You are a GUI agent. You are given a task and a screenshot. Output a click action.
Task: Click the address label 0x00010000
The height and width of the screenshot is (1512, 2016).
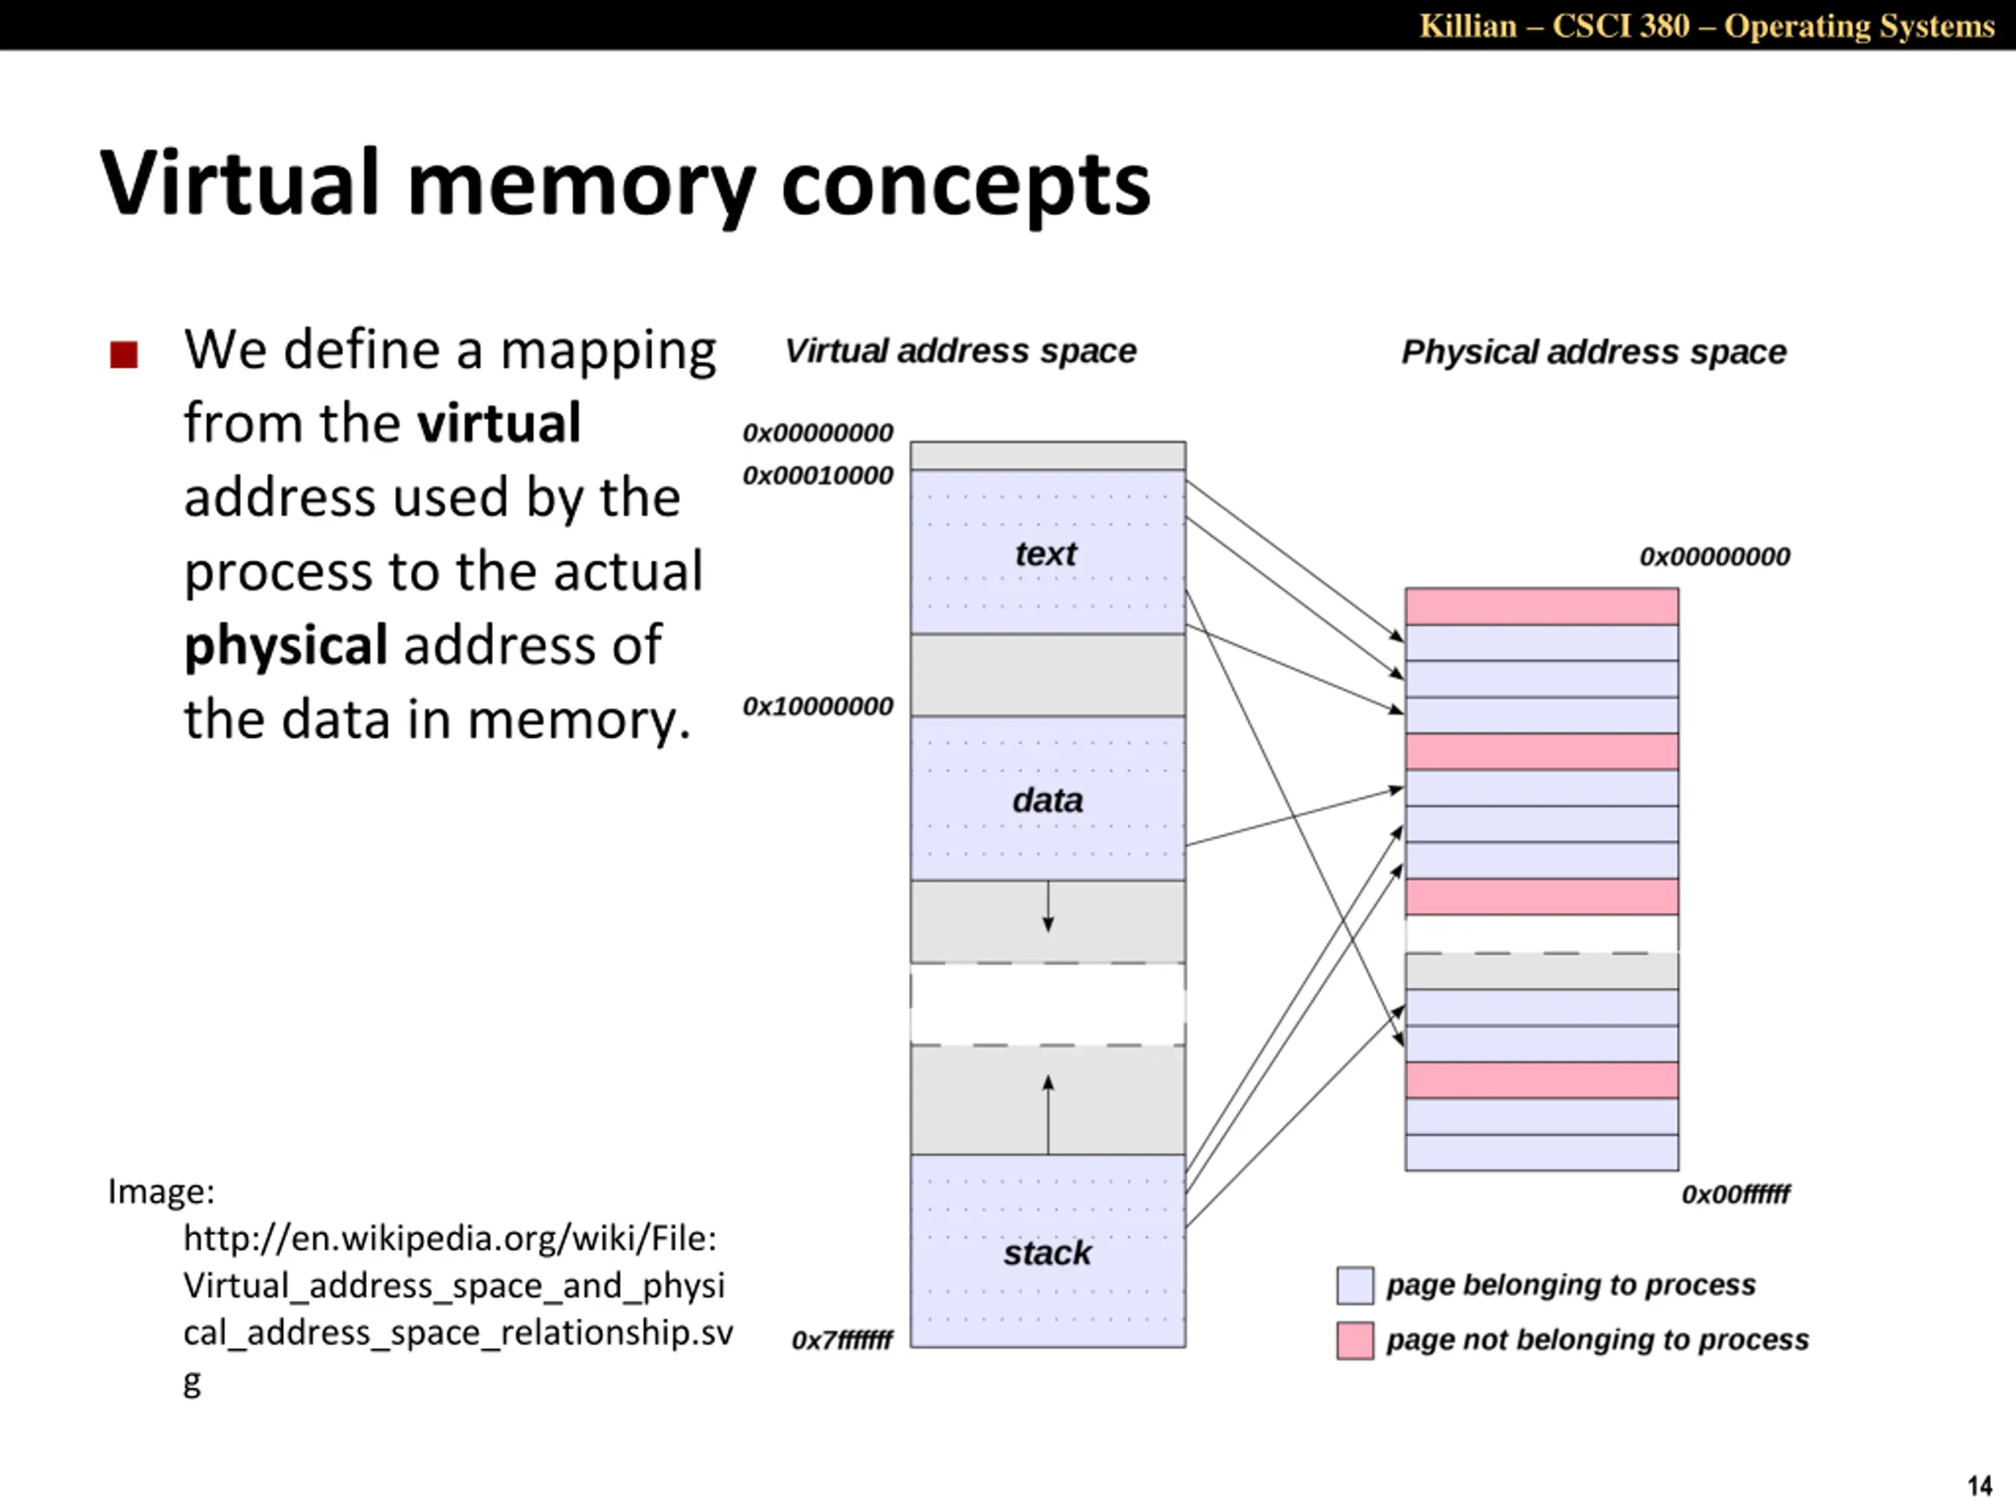click(x=817, y=476)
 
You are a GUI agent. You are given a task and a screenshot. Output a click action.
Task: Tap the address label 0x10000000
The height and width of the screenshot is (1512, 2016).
click(x=817, y=706)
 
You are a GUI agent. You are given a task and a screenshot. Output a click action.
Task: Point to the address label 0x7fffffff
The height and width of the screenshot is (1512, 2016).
click(x=842, y=1340)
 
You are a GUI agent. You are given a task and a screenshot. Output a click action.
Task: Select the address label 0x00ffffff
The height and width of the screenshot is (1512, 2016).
click(x=1736, y=1194)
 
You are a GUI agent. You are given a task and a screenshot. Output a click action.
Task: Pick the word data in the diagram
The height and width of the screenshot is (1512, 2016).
click(x=1047, y=800)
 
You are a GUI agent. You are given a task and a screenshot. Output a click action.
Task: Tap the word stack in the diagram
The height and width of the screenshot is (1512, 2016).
click(x=1047, y=1253)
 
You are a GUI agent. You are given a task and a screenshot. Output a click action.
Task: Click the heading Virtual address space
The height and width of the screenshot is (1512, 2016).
click(x=961, y=351)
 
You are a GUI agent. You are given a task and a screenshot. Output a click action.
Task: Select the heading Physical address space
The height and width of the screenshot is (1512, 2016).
click(x=1593, y=352)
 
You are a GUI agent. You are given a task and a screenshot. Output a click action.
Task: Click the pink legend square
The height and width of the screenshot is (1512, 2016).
click(x=1355, y=1340)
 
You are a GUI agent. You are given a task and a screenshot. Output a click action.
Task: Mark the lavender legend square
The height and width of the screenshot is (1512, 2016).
click(x=1355, y=1285)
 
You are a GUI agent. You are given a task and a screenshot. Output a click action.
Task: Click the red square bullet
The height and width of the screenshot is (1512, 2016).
click(x=124, y=354)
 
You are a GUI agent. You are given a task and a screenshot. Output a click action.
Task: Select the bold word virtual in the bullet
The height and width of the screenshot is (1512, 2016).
click(x=498, y=424)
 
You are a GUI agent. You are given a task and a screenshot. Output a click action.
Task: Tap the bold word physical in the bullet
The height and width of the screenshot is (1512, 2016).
click(x=286, y=645)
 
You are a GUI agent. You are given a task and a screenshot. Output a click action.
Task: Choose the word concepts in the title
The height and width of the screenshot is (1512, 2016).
click(x=965, y=185)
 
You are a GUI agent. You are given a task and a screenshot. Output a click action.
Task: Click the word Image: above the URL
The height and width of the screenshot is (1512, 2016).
click(x=161, y=1191)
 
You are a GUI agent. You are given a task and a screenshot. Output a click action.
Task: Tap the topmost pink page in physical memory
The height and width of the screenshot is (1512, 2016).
click(x=1541, y=607)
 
